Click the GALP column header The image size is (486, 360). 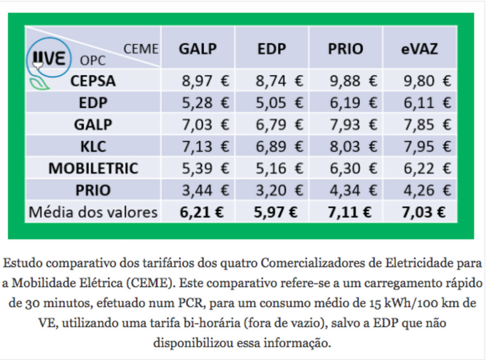tap(198, 49)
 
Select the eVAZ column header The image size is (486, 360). tap(419, 49)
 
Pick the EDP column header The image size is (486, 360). tap(272, 49)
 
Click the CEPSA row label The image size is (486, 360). tap(93, 81)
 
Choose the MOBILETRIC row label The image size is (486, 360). tap(93, 168)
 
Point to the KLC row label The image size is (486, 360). tap(93, 146)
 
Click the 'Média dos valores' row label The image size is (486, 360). tap(93, 212)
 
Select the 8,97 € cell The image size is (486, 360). tap(205, 81)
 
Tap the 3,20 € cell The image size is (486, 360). tap(278, 190)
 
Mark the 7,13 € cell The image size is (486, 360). tap(205, 146)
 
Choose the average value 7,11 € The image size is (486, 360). tap(347, 212)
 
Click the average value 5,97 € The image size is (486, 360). tap(272, 212)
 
